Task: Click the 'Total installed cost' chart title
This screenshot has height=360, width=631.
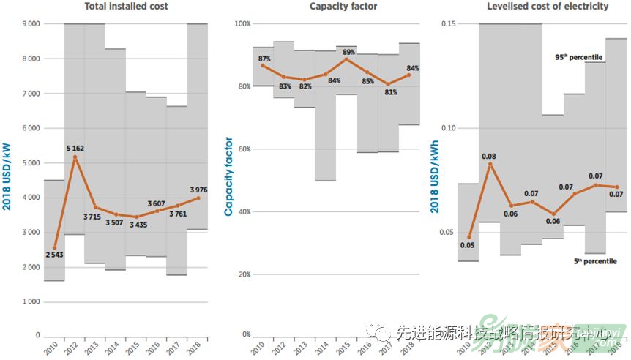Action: pos(127,7)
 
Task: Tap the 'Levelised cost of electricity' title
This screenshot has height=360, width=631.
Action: pos(548,7)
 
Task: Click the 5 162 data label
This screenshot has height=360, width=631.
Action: pos(74,149)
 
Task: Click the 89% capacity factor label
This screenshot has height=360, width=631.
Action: pos(348,52)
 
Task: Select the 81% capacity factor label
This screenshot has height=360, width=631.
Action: pos(389,92)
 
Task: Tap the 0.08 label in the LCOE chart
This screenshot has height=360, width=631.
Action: pos(490,156)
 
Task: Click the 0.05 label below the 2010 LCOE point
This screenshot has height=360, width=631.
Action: pos(468,245)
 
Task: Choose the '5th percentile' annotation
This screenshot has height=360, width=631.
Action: pos(592,261)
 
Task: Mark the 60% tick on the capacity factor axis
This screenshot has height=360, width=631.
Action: pos(241,149)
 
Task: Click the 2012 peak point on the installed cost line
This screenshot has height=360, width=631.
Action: pos(75,157)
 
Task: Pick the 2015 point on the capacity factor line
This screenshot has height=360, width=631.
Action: pos(347,59)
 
